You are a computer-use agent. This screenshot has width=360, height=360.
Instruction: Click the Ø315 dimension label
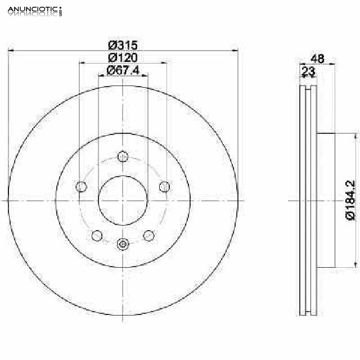123,45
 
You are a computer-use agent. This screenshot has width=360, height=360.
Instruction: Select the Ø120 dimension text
123,57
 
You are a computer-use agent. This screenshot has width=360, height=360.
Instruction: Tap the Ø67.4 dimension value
123,70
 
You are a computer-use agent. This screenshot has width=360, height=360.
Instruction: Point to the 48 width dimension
317,58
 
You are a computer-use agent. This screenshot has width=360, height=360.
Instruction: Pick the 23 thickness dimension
308,71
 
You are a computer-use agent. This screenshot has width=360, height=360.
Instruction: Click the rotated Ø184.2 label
350,200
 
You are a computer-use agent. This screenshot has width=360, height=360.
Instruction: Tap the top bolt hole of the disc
123,156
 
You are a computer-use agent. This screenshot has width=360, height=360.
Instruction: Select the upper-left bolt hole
81,186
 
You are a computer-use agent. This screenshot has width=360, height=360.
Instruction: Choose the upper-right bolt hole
164,186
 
